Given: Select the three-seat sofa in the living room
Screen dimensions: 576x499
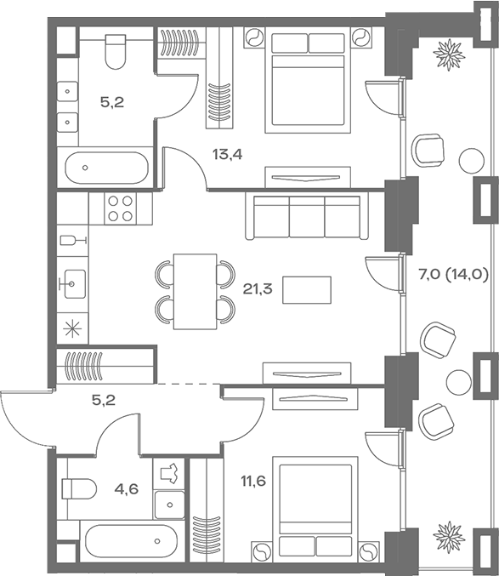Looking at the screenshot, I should click(307, 216).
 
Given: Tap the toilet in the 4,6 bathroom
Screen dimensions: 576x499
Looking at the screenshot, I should click(77, 489).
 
